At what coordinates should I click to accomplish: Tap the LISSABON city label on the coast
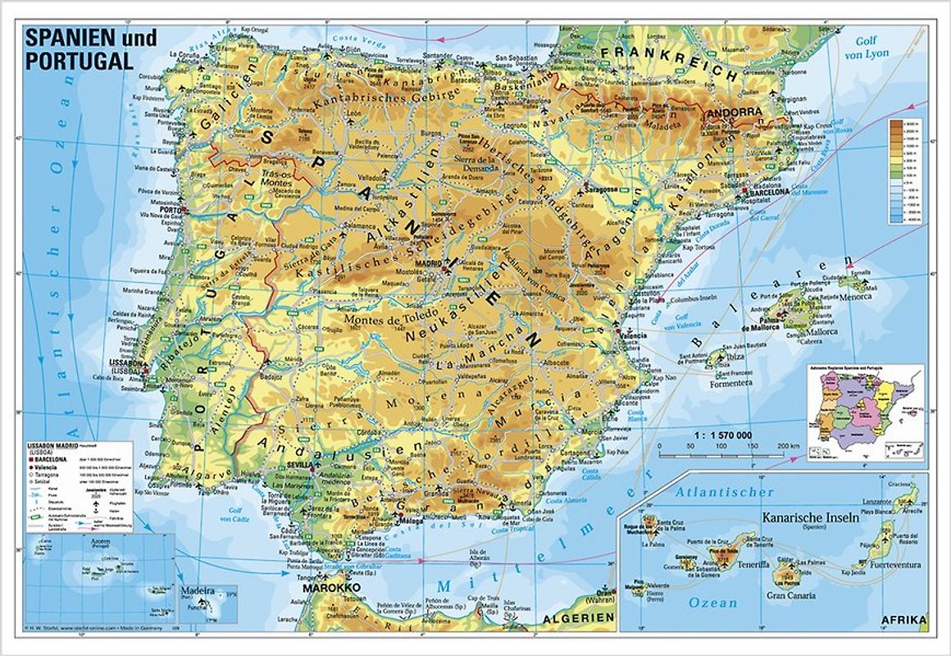[129, 362]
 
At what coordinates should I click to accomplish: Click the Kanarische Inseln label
[810, 517]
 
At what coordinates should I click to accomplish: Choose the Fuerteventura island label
[890, 565]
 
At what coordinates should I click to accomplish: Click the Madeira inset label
[198, 590]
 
